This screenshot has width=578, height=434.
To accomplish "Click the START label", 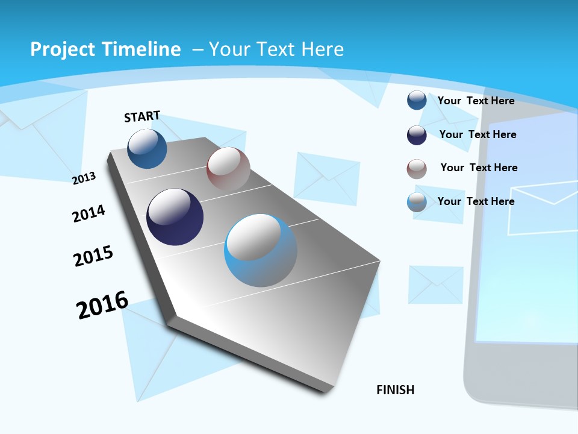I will point(142,116).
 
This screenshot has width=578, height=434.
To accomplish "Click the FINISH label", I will point(396,390).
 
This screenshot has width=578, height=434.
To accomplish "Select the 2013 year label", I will point(84,178).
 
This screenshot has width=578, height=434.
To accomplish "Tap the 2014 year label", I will point(89,214).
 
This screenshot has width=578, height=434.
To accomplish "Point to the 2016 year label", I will point(102,305).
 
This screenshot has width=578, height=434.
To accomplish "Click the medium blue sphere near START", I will point(148,149).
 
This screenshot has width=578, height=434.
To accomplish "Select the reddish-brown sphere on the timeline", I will point(228,169).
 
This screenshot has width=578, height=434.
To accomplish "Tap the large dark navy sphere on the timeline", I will point(175,217).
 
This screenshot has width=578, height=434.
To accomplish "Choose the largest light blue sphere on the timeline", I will point(261,250).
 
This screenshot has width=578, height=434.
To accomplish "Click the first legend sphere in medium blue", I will point(417,100).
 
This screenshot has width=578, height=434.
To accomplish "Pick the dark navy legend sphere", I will point(417,134).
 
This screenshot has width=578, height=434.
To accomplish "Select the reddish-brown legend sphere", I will point(417,168).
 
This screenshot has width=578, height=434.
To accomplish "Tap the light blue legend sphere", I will point(417,202).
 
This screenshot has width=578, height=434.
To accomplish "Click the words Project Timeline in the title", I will point(105,49).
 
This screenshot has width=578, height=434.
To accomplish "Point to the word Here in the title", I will point(323,49).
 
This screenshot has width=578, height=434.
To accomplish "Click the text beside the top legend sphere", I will point(476,101).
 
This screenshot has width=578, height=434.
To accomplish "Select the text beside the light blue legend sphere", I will point(476,201).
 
